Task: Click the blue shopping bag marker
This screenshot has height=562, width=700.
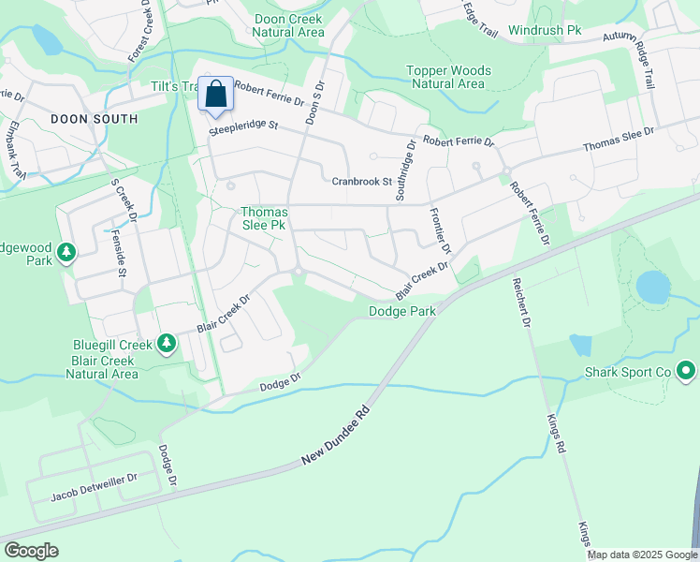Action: (x=215, y=95)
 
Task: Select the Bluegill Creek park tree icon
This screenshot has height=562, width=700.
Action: (x=167, y=344)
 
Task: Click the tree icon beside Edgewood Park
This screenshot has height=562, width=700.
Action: (x=66, y=253)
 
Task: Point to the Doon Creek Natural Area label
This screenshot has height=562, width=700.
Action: (x=289, y=25)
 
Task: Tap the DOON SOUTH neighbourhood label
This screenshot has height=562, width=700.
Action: (x=94, y=119)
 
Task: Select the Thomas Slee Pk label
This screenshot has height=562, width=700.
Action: (x=264, y=219)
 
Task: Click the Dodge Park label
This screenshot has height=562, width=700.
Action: (x=402, y=311)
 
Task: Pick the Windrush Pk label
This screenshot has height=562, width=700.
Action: (x=545, y=31)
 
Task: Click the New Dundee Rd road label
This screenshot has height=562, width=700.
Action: (x=336, y=437)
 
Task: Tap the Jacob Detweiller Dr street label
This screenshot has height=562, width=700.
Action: (x=94, y=477)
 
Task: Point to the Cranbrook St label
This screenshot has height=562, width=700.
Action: (x=360, y=181)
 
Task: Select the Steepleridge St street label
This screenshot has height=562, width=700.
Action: (x=244, y=126)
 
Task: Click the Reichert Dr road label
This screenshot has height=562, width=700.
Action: (x=521, y=302)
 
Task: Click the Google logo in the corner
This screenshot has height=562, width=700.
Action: (x=31, y=550)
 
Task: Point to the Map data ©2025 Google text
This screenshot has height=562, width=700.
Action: (x=641, y=555)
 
